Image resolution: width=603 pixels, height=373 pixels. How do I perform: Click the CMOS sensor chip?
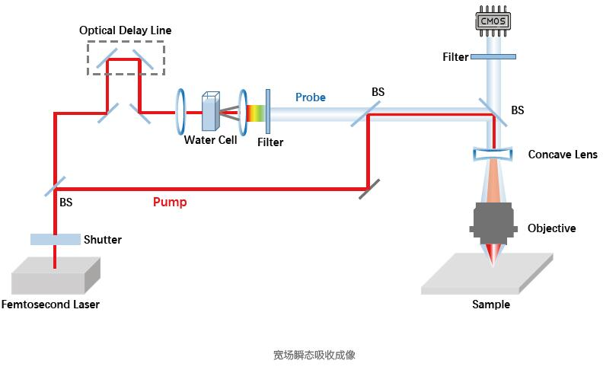[493, 21]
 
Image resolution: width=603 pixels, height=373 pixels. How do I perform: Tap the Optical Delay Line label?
[126, 30]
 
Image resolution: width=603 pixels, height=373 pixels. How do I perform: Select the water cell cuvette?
[210, 112]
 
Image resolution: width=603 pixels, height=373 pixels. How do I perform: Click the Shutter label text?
[103, 240]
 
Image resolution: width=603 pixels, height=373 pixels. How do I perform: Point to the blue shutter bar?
[55, 239]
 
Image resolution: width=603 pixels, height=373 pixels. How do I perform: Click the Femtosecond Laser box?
[56, 276]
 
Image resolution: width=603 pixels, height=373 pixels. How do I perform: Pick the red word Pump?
[170, 202]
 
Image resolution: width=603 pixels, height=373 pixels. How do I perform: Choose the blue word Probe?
[311, 97]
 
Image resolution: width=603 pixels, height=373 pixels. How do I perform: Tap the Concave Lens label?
[563, 155]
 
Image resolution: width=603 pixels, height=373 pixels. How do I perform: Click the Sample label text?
[491, 304]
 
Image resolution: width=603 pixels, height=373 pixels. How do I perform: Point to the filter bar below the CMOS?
[493, 56]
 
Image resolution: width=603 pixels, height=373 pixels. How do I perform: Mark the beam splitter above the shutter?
[55, 185]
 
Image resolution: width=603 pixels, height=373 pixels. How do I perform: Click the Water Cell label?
[210, 140]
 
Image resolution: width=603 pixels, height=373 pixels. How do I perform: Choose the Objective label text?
[552, 228]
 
